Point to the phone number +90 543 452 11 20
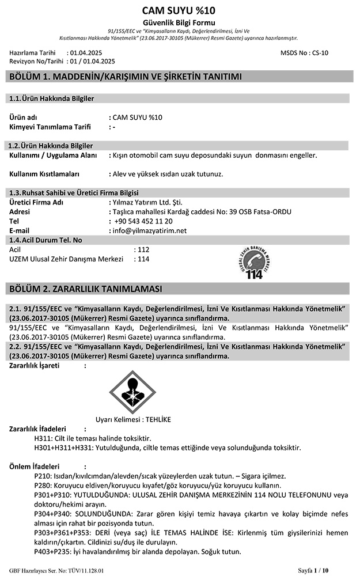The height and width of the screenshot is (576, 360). coord(143,221)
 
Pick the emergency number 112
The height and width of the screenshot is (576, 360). coord(143,249)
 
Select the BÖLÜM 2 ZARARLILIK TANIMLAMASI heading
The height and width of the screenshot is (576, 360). coord(84,288)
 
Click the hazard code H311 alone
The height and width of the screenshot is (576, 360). coord(44,438)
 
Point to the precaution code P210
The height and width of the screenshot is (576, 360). coord(43,476)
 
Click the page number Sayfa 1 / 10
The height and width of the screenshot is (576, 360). coord(313,570)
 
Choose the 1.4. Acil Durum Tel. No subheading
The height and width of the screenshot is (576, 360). coord(46,240)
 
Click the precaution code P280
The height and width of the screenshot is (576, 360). coord(43,486)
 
